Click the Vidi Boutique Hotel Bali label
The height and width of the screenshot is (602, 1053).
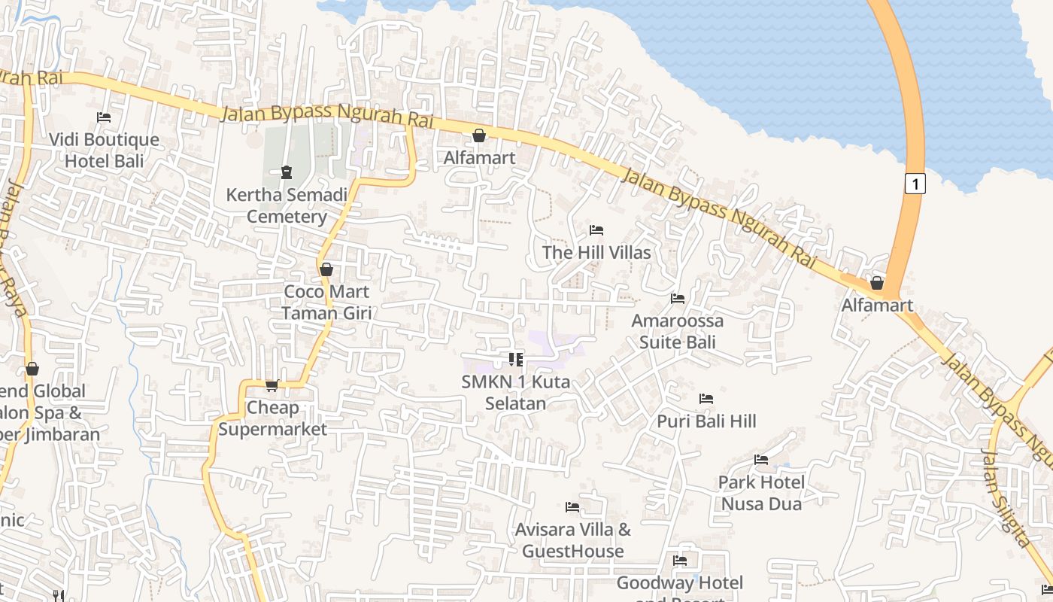click(x=104, y=150)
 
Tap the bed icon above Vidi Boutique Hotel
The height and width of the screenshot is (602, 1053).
click(x=104, y=117)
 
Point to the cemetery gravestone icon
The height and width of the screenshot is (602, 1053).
click(x=287, y=173)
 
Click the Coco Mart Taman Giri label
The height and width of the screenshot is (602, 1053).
click(x=326, y=302)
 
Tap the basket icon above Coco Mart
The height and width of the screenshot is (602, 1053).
click(x=326, y=269)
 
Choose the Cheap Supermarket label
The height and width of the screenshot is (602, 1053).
click(x=273, y=418)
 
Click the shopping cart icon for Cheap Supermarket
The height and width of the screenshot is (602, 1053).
click(x=272, y=386)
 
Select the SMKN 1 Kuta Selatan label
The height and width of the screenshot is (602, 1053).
click(x=516, y=392)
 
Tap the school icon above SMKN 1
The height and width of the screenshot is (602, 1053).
click(x=516, y=360)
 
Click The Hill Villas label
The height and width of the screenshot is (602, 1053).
click(x=596, y=252)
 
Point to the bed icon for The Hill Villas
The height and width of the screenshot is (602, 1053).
click(x=596, y=230)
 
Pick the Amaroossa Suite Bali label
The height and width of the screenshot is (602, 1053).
click(x=677, y=331)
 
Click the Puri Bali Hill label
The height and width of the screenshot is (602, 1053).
click(x=706, y=421)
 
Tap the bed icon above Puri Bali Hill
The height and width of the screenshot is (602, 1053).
click(x=706, y=398)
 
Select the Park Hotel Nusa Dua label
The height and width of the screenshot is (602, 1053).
click(x=761, y=492)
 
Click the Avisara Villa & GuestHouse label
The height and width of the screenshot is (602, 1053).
click(x=573, y=540)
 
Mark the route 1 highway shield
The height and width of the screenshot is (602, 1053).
click(x=914, y=183)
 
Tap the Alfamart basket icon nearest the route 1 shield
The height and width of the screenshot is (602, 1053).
click(x=877, y=283)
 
